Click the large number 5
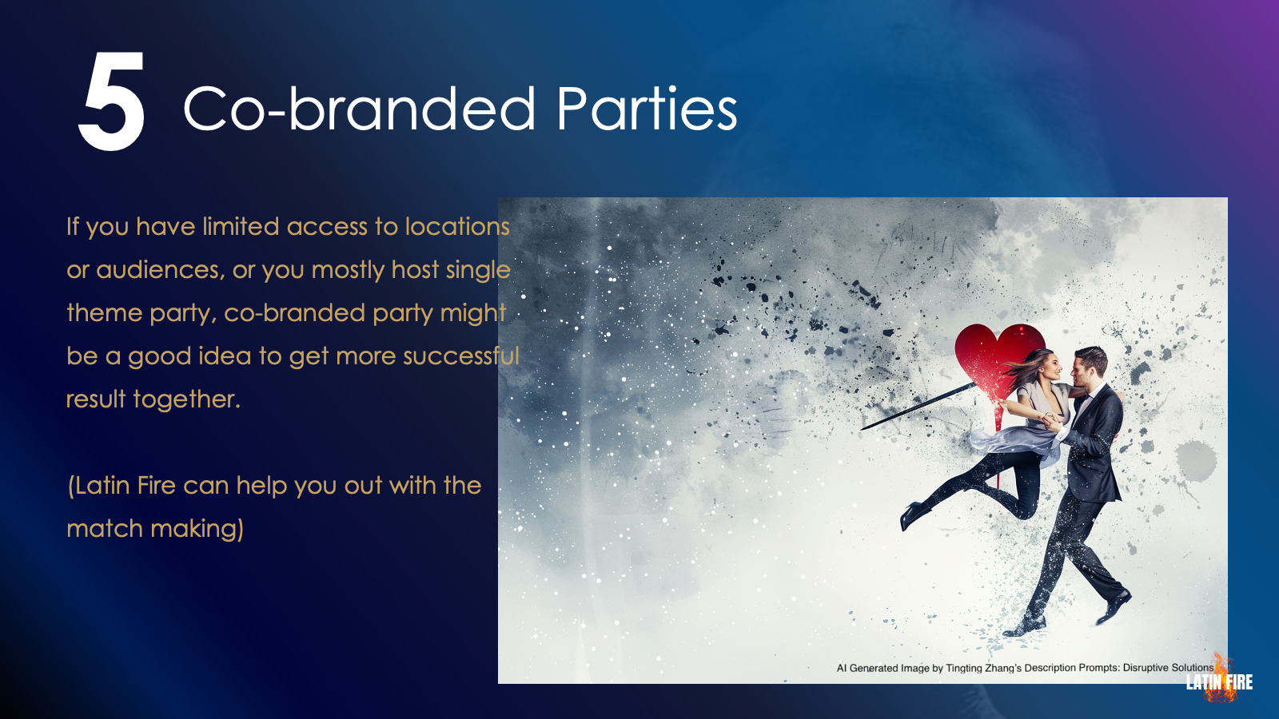(x=112, y=101)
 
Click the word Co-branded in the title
(x=360, y=109)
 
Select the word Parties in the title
(x=647, y=109)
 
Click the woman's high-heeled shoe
(x=914, y=514)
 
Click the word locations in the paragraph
(x=457, y=227)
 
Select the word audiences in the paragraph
(x=160, y=270)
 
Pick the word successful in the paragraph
(x=461, y=356)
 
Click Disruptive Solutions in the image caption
(x=1168, y=668)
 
